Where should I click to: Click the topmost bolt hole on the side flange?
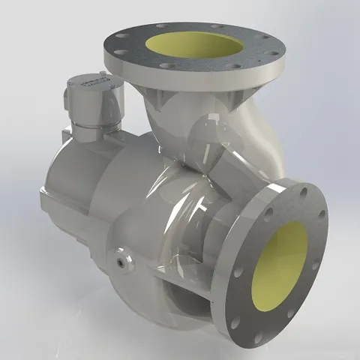point(304,190)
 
